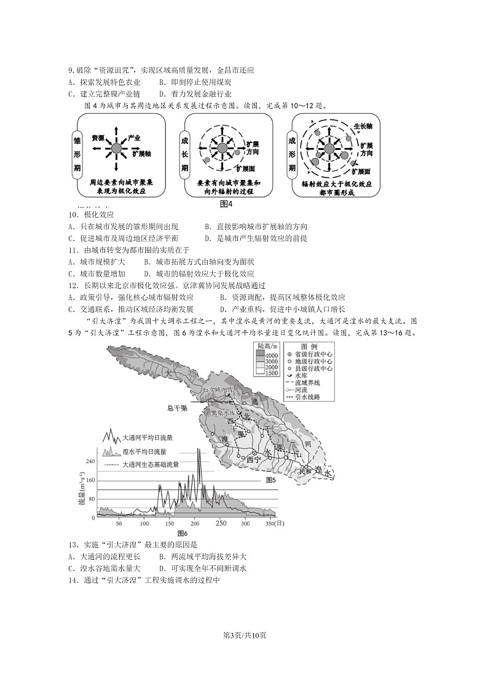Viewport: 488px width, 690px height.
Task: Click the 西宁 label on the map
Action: (x=254, y=458)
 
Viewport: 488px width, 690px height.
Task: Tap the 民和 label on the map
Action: (x=305, y=471)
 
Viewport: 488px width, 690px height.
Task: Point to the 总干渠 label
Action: (x=177, y=408)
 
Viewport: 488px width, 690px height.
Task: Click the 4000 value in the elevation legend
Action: (x=272, y=356)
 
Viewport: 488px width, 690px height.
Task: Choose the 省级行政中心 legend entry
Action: (x=313, y=355)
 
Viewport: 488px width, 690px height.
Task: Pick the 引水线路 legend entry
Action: (x=308, y=397)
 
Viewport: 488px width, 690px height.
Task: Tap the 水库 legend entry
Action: (x=301, y=375)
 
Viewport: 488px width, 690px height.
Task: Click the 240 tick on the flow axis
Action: (x=90, y=461)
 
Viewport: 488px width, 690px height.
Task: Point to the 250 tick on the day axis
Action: (x=221, y=523)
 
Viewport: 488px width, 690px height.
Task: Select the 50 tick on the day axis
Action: (x=119, y=524)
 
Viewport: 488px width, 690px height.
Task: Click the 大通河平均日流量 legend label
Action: (x=148, y=438)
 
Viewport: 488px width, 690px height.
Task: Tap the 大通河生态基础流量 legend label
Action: (x=151, y=465)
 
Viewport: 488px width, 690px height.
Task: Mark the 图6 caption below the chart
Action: (x=182, y=533)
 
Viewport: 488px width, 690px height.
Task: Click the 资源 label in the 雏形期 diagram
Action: (x=98, y=138)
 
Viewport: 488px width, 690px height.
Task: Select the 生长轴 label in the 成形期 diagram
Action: (x=363, y=125)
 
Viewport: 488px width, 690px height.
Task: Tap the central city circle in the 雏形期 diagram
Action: (x=116, y=148)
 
